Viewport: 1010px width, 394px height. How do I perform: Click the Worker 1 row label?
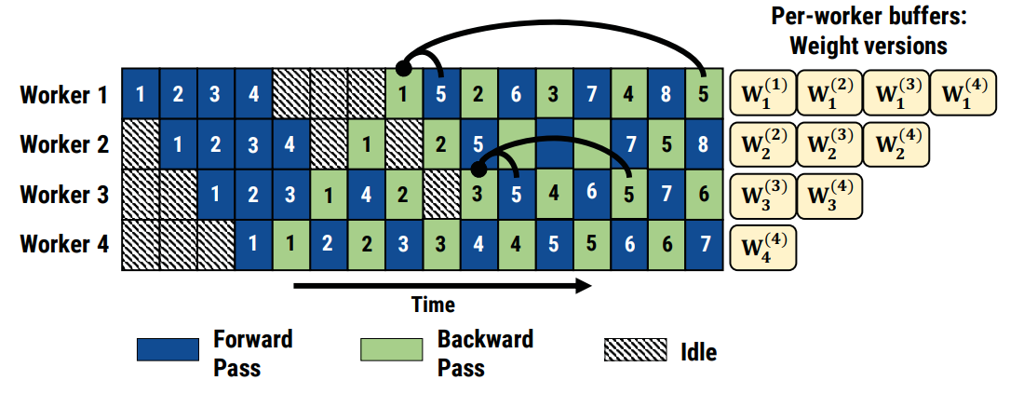pos(63,95)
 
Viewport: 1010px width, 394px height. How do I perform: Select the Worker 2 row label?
pos(63,144)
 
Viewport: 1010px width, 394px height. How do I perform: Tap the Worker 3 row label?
pos(63,195)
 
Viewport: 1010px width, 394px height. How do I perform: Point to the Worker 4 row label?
pos(63,245)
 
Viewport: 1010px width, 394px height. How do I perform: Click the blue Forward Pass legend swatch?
pos(168,349)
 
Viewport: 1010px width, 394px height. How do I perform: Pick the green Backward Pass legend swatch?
pos(391,349)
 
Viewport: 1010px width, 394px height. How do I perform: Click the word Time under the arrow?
pos(433,305)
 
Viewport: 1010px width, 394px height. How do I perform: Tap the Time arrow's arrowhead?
pos(582,286)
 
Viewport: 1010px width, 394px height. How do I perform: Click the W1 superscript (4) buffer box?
pos(963,94)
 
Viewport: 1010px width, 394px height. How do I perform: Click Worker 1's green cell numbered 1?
pos(403,94)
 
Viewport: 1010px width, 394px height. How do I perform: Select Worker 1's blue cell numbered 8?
pos(666,94)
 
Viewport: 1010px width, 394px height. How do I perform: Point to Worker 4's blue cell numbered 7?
pos(703,245)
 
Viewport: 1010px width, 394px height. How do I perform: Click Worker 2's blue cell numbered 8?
pos(703,144)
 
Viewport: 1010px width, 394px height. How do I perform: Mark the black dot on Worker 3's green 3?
pos(478,170)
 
